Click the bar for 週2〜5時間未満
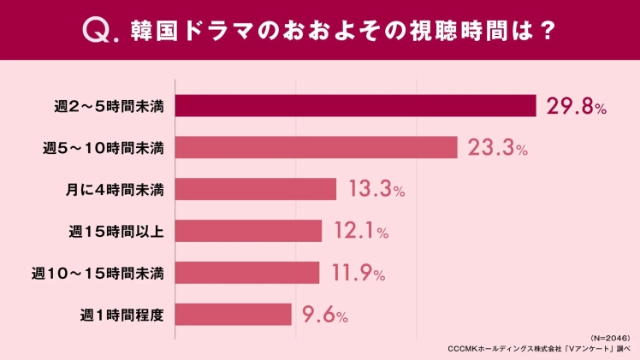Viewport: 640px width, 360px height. [x=355, y=106]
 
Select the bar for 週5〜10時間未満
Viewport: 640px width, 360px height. [x=317, y=148]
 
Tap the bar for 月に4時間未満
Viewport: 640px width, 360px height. [x=256, y=189]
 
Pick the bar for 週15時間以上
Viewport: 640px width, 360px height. [x=248, y=231]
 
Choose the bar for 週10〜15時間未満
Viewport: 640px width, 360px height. [x=247, y=273]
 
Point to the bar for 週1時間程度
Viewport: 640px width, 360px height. [x=234, y=315]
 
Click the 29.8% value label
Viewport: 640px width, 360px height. [x=578, y=106]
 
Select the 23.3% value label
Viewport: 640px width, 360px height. [x=497, y=148]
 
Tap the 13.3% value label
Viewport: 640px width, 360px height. [x=376, y=190]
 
